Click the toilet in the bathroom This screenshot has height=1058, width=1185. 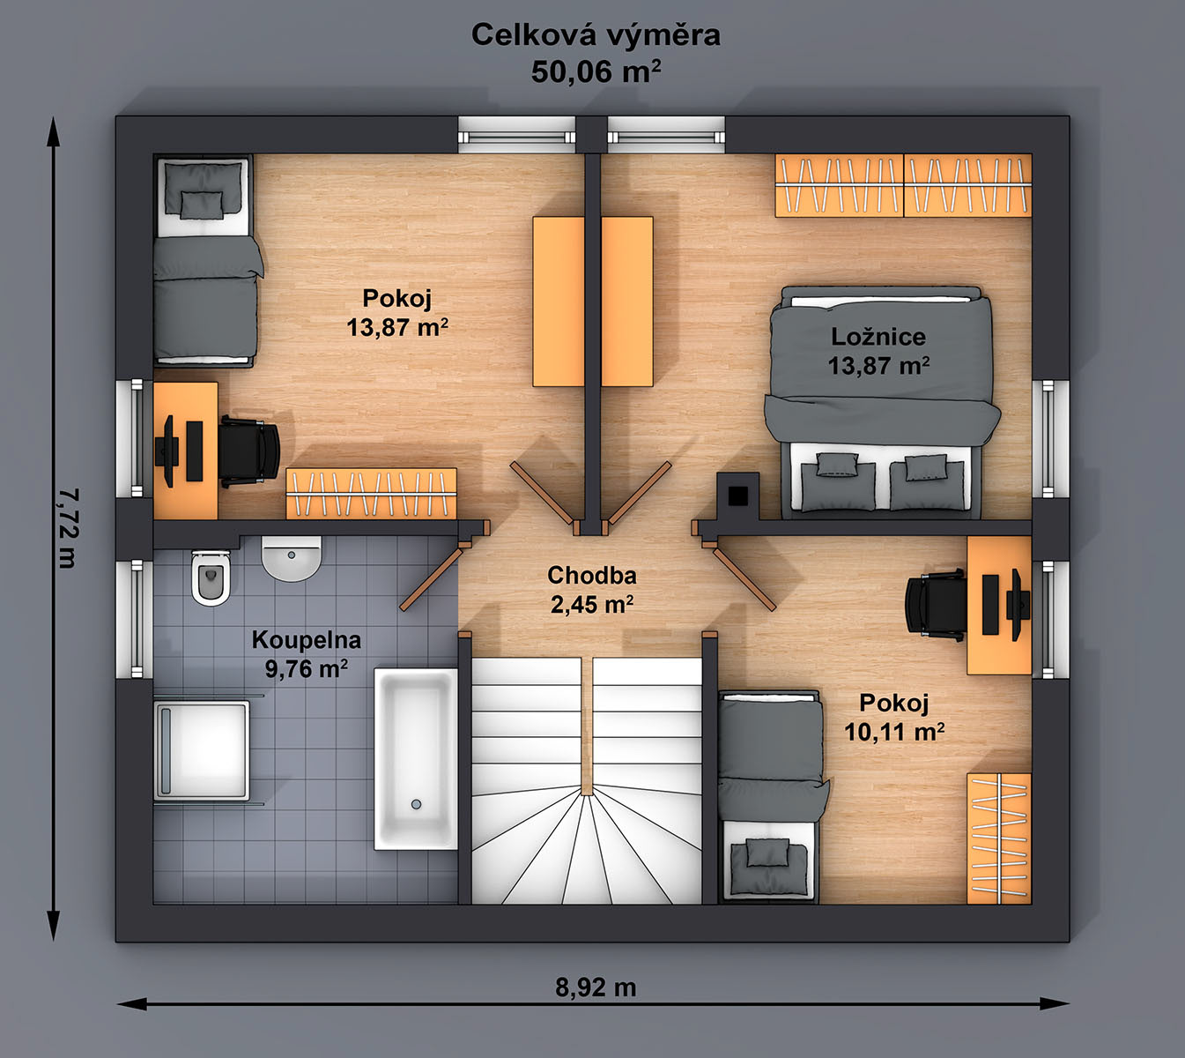210,577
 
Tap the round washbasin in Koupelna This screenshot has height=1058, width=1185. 292,559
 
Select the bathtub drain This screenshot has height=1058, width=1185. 416,804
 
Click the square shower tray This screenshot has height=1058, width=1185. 202,750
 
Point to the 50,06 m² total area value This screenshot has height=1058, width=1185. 596,72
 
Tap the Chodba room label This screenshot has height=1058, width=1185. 592,576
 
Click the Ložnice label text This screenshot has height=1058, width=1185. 878,338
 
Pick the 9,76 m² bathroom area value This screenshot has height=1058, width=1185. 307,668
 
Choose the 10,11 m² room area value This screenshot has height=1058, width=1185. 894,731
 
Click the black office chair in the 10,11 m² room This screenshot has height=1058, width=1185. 935,604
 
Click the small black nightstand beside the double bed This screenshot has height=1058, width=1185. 737,495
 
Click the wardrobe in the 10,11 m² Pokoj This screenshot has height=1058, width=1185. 999,838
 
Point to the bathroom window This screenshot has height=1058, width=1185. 135,619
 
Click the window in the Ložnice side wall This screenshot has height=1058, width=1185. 1050,438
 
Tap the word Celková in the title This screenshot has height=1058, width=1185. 530,35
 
